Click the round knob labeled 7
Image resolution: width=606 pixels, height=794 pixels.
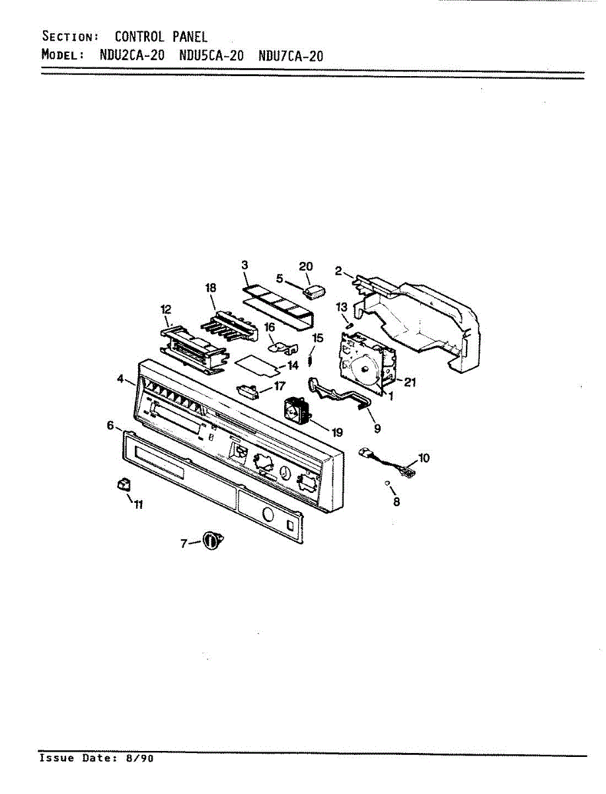click(211, 541)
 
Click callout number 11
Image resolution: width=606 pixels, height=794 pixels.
click(139, 505)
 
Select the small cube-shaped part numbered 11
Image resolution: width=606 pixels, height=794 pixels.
click(121, 486)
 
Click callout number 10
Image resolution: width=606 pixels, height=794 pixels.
click(424, 457)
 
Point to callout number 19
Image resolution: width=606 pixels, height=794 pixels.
click(337, 432)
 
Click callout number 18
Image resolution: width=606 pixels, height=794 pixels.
click(211, 288)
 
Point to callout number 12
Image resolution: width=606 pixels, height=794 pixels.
click(166, 309)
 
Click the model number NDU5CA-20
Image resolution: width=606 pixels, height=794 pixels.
click(211, 56)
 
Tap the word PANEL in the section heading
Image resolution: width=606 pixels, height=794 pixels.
click(190, 36)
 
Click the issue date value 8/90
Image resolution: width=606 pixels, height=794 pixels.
click(140, 758)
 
